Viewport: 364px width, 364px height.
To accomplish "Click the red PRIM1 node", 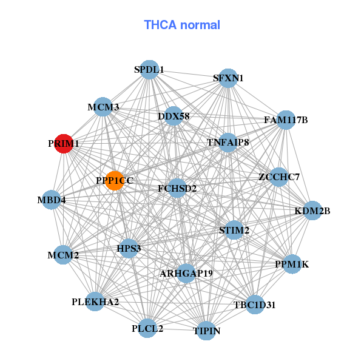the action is pyautogui.click(x=64, y=144).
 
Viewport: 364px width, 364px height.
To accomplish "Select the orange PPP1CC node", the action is pyautogui.click(x=115, y=180).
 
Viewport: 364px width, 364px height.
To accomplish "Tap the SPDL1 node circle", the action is pyautogui.click(x=149, y=70).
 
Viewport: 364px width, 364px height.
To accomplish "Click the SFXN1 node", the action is pyautogui.click(x=228, y=78).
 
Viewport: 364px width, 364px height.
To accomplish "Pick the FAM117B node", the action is pyautogui.click(x=286, y=120).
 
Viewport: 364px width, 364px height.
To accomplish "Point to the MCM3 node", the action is pyautogui.click(x=103, y=107).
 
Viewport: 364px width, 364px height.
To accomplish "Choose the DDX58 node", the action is pyautogui.click(x=174, y=116).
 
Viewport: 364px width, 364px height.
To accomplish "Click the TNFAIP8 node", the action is pyautogui.click(x=228, y=143).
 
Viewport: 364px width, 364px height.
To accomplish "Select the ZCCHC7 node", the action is pyautogui.click(x=278, y=177).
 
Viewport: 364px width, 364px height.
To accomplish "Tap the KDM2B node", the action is pyautogui.click(x=312, y=211).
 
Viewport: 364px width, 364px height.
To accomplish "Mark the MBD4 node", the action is pyautogui.click(x=51, y=200).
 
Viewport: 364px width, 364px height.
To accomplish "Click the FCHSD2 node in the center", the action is pyautogui.click(x=177, y=189).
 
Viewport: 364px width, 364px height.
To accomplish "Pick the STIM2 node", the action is pyautogui.click(x=234, y=231).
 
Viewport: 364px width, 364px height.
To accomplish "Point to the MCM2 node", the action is pyautogui.click(x=64, y=255).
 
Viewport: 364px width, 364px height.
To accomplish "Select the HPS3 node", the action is pyautogui.click(x=129, y=248).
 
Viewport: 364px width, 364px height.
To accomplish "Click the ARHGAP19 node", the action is pyautogui.click(x=186, y=274).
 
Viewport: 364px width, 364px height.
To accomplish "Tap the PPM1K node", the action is pyautogui.click(x=292, y=264).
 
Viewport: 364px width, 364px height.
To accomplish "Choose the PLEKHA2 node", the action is pyautogui.click(x=95, y=302).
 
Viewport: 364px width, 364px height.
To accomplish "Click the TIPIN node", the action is pyautogui.click(x=207, y=331).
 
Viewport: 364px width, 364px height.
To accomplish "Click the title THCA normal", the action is pyautogui.click(x=182, y=25).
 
